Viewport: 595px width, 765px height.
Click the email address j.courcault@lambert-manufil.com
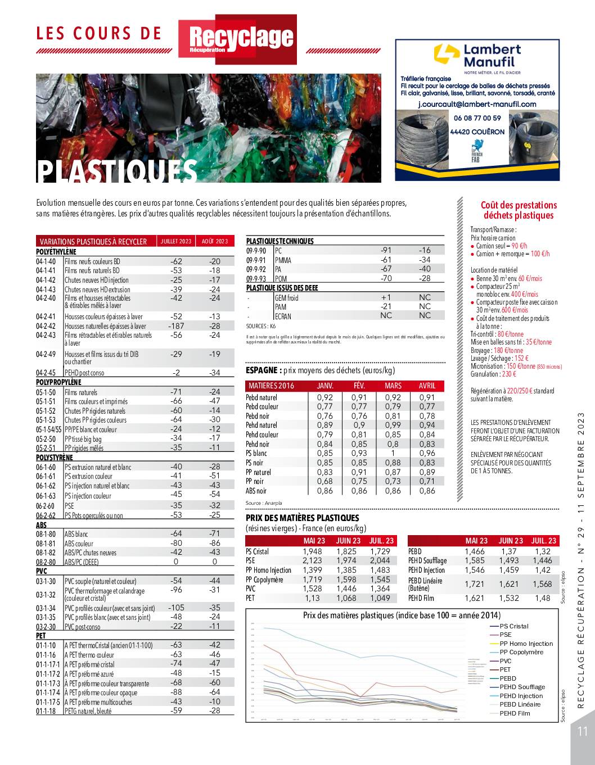pyautogui.click(x=477, y=105)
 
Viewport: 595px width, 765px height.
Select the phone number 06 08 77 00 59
pyautogui.click(x=477, y=118)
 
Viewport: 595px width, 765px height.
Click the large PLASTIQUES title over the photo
pyautogui.click(x=118, y=171)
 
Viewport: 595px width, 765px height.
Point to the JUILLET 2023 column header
pyautogui.click(x=176, y=242)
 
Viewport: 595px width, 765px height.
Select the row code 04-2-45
pyautogui.click(x=46, y=373)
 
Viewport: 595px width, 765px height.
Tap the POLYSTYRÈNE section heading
pyautogui.click(x=55, y=458)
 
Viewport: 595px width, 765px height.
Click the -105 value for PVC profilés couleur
pyautogui.click(x=176, y=608)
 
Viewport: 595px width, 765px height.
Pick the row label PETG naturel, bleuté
pyautogui.click(x=88, y=711)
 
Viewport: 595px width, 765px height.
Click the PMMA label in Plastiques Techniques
pyautogui.click(x=283, y=260)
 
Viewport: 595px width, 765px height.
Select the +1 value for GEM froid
pyautogui.click(x=386, y=297)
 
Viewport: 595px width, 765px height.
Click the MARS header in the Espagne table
pyautogui.click(x=393, y=386)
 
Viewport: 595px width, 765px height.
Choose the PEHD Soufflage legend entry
pyautogui.click(x=522, y=687)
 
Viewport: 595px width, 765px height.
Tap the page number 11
pyautogui.click(x=582, y=731)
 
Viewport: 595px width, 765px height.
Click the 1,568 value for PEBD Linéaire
pyautogui.click(x=542, y=584)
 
